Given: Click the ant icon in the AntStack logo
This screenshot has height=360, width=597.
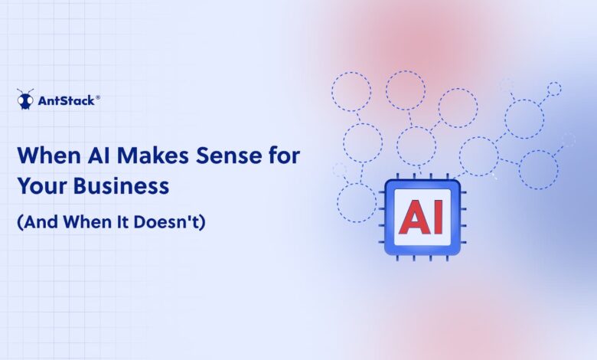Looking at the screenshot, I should tap(25, 99).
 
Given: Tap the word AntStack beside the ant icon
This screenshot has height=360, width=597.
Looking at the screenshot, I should tap(65, 100).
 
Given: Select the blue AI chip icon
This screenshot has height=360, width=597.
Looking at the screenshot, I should tap(422, 218).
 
